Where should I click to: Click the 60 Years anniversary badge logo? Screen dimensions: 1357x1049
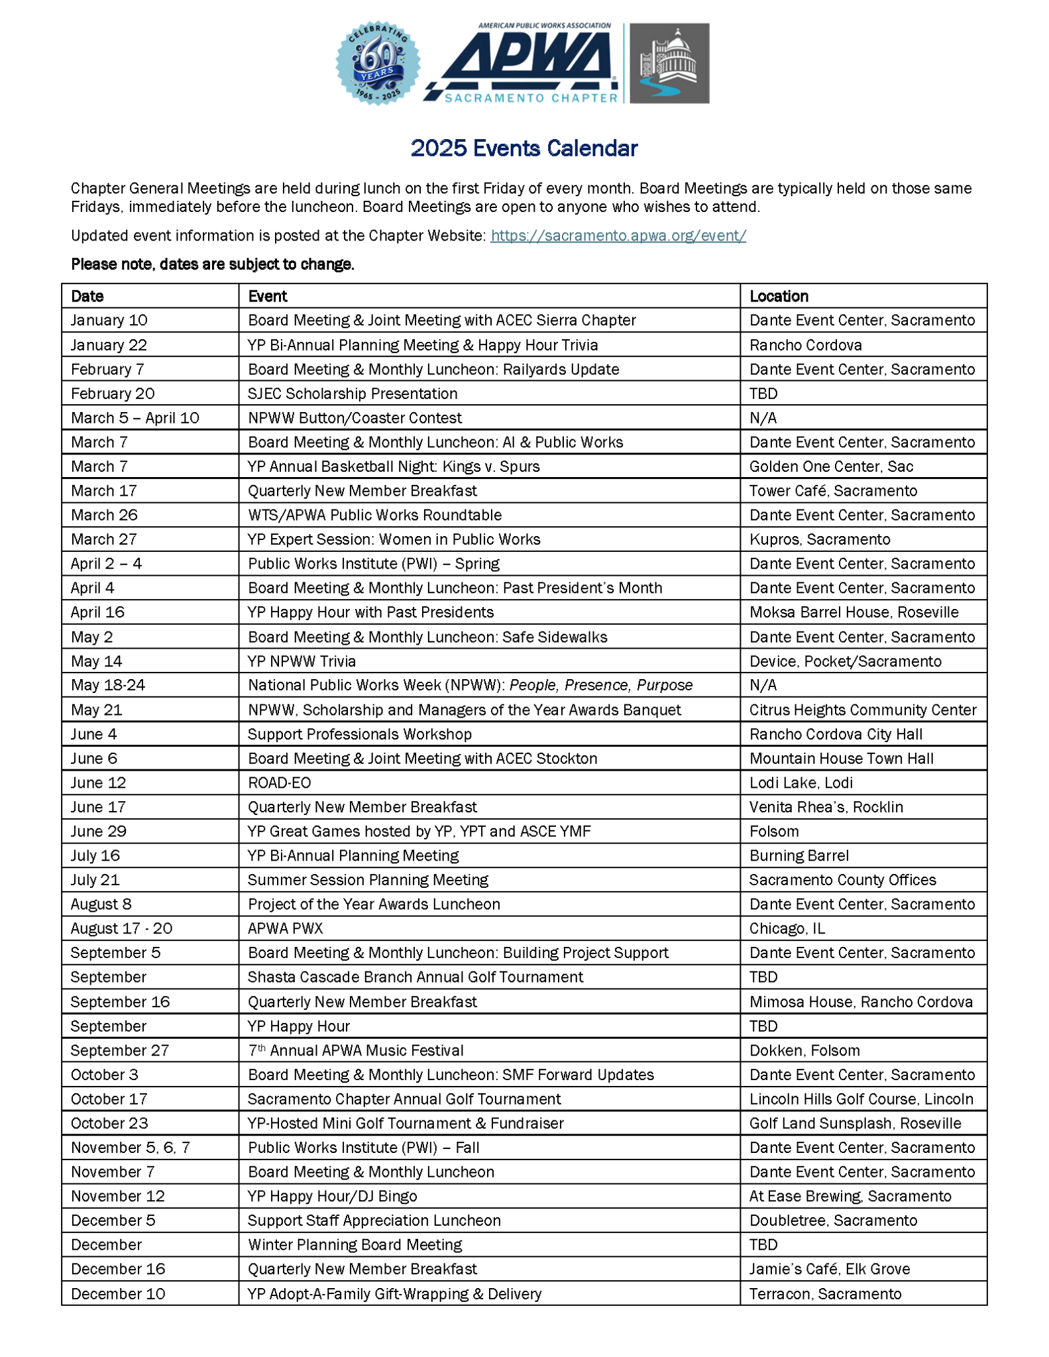click(x=377, y=63)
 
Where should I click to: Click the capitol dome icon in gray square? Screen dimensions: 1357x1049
click(x=669, y=63)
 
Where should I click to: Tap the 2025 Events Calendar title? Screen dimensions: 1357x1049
click(x=524, y=148)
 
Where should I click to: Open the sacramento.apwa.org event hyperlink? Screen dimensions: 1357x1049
click(x=618, y=235)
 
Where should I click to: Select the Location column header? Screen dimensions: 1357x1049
click(x=779, y=296)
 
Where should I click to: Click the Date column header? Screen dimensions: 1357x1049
click(x=87, y=296)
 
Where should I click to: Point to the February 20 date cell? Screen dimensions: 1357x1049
click(x=113, y=394)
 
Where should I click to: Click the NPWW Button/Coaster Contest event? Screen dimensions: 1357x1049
click(x=355, y=418)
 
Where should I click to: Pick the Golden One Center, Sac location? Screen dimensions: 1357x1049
click(x=831, y=466)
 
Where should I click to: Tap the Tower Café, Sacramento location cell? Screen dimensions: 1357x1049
click(x=833, y=491)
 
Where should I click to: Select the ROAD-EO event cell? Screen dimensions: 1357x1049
click(x=279, y=783)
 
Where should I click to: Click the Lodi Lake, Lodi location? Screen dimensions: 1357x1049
click(x=801, y=783)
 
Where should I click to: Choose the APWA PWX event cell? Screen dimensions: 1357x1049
click(x=285, y=928)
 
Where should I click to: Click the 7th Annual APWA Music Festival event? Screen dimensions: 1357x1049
click(x=356, y=1050)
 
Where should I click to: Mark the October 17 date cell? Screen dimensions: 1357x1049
click(x=109, y=1099)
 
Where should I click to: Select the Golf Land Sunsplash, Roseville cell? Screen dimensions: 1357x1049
click(x=855, y=1123)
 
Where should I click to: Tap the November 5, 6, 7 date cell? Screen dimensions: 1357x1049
click(x=130, y=1148)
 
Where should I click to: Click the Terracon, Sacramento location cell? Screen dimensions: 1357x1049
click(x=825, y=1293)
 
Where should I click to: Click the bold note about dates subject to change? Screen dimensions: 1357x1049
click(x=213, y=264)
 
